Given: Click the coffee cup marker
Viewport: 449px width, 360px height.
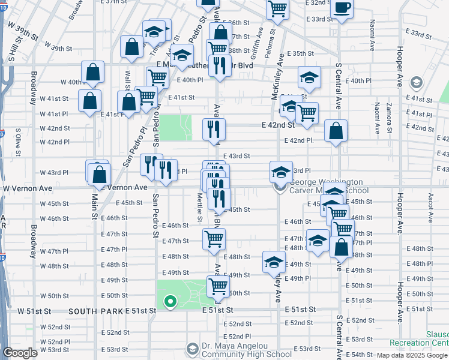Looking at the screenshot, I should (x=342, y=9).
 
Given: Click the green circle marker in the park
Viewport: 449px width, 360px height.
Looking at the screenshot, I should (x=170, y=302).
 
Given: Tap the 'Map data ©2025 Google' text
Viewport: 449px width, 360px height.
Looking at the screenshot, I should (x=411, y=355).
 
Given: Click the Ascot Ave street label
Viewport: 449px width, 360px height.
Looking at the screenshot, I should (x=430, y=201).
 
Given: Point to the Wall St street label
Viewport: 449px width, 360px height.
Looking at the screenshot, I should (x=127, y=79).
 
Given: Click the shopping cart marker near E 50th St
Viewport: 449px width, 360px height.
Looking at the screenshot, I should (x=217, y=286).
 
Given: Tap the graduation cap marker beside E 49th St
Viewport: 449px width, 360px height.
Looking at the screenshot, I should (x=273, y=262).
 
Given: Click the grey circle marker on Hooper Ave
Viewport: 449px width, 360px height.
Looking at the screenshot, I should (x=415, y=82).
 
